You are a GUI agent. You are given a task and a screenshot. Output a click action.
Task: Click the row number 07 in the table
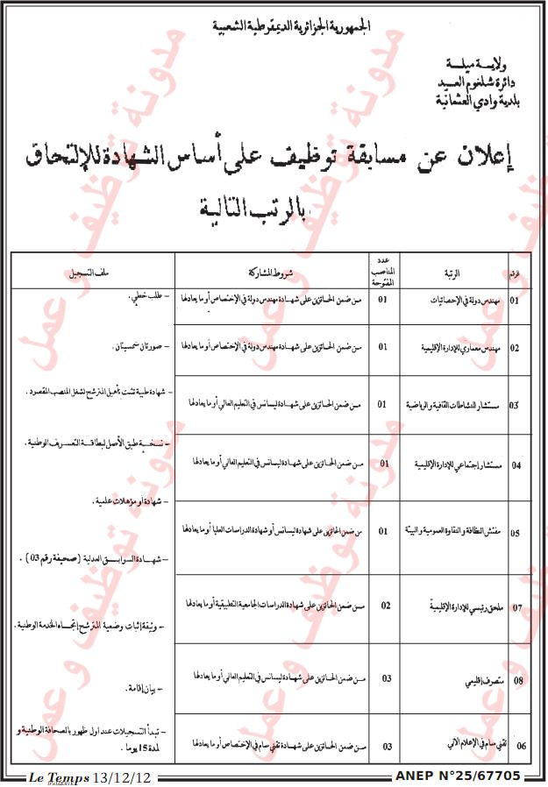click(517, 606)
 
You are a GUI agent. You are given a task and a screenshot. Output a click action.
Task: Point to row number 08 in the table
click(517, 678)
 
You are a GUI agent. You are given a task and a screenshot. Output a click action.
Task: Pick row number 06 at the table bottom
click(522, 746)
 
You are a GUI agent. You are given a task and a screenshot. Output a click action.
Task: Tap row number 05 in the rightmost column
click(516, 533)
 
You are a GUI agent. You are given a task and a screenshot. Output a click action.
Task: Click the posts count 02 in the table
click(384, 605)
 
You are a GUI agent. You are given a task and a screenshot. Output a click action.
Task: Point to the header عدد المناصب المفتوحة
click(383, 272)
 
